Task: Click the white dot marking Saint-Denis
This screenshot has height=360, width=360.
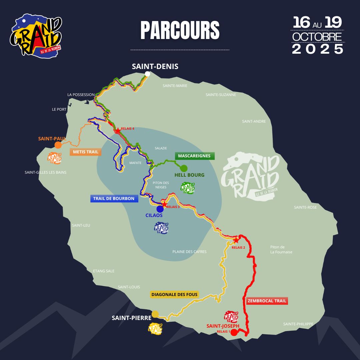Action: click(x=147, y=74)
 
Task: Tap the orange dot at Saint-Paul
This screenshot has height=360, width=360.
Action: click(x=58, y=145)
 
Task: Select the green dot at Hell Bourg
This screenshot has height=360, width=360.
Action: click(x=184, y=168)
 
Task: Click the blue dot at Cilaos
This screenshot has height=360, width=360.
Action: click(x=160, y=209)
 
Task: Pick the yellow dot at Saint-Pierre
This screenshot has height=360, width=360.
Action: click(x=155, y=314)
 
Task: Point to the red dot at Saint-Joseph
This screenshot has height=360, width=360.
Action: click(x=234, y=332)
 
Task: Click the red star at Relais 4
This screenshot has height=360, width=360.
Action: click(x=117, y=130)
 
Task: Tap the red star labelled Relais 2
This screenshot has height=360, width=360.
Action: click(x=236, y=240)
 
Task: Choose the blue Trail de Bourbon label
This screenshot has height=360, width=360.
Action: click(x=114, y=199)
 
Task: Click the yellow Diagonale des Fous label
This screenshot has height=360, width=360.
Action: click(x=175, y=294)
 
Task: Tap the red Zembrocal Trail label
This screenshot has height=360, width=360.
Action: click(x=267, y=301)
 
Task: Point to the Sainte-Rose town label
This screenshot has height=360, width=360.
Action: click(x=305, y=207)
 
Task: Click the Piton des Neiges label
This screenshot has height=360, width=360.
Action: click(x=161, y=185)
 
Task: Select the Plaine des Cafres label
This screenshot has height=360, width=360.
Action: click(x=189, y=251)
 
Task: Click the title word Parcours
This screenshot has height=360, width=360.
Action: click(x=180, y=31)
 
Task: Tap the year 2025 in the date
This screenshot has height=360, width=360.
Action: click(x=318, y=49)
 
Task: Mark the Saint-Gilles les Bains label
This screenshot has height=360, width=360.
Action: click(x=45, y=172)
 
